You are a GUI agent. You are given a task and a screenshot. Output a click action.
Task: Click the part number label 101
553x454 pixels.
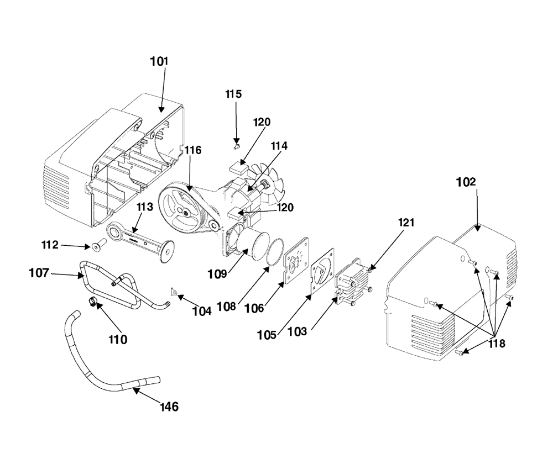click(159, 61)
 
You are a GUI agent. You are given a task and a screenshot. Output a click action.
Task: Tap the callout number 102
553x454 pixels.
click(466, 182)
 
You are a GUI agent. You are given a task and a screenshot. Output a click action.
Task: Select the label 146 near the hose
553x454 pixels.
click(169, 407)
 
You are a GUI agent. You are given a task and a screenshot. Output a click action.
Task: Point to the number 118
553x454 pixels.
click(497, 344)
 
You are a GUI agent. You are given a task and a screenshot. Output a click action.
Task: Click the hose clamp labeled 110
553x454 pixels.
click(92, 302)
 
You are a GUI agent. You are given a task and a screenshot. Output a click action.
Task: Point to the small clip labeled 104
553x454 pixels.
click(174, 291)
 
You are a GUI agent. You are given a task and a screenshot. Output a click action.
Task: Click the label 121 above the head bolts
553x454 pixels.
click(406, 223)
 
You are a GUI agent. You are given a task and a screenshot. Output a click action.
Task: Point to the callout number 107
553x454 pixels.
click(39, 273)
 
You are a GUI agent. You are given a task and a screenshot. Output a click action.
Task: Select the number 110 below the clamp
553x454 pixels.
click(118, 340)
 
